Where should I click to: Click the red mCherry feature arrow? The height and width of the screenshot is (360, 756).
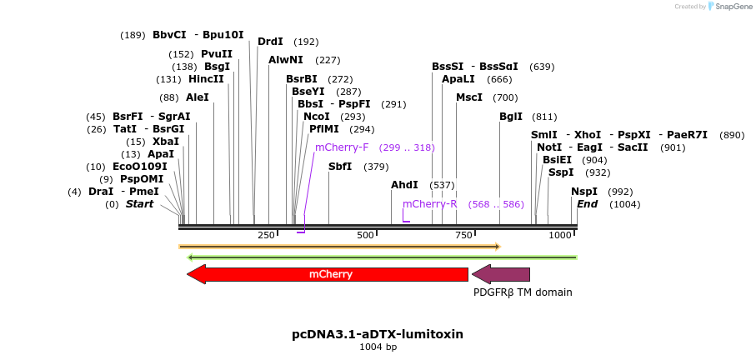329,274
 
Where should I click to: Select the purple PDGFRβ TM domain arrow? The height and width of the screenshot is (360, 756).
502,274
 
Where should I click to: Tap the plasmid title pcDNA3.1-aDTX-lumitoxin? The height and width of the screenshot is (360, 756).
378,334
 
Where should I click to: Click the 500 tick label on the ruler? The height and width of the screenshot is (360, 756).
365,236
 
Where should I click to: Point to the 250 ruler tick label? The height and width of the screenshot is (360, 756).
266,236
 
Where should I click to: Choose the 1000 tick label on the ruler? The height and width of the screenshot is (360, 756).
561,236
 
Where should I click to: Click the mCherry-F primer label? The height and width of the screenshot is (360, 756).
342,147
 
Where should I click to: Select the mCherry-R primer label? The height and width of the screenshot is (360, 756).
430,204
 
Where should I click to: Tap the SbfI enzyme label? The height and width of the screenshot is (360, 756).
340,167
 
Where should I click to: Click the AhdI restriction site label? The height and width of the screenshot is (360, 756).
404,184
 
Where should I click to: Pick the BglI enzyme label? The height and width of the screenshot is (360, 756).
511,117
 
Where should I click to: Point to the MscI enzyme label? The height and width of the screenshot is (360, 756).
469,97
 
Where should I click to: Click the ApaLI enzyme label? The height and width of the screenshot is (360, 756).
458,79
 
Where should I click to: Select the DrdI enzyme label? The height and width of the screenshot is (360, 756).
270,42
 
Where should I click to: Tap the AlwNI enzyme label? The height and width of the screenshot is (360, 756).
286,60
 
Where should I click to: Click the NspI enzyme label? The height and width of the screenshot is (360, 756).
584,192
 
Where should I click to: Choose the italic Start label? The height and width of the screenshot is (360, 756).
140,204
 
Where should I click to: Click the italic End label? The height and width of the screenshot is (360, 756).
587,204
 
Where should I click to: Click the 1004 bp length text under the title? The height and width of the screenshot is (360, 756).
378,347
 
